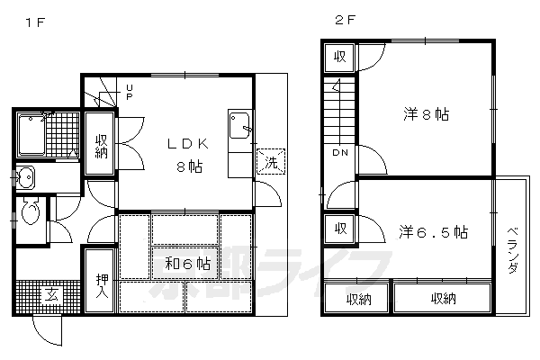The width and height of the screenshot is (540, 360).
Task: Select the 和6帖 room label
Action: pyautogui.click(x=188, y=265)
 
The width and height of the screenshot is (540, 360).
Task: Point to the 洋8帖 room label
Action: pyautogui.click(x=426, y=114)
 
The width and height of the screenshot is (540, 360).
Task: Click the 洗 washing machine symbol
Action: pyautogui.click(x=268, y=163)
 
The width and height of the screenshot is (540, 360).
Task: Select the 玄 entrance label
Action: pyautogui.click(x=50, y=295)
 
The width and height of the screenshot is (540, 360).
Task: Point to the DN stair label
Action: pyautogui.click(x=340, y=154)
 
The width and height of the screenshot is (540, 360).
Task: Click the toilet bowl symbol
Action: pyautogui.click(x=31, y=213)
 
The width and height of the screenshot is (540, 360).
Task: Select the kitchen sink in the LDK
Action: pyautogui.click(x=239, y=126)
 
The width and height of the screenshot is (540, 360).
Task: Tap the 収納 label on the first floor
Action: pyautogui.click(x=100, y=144)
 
